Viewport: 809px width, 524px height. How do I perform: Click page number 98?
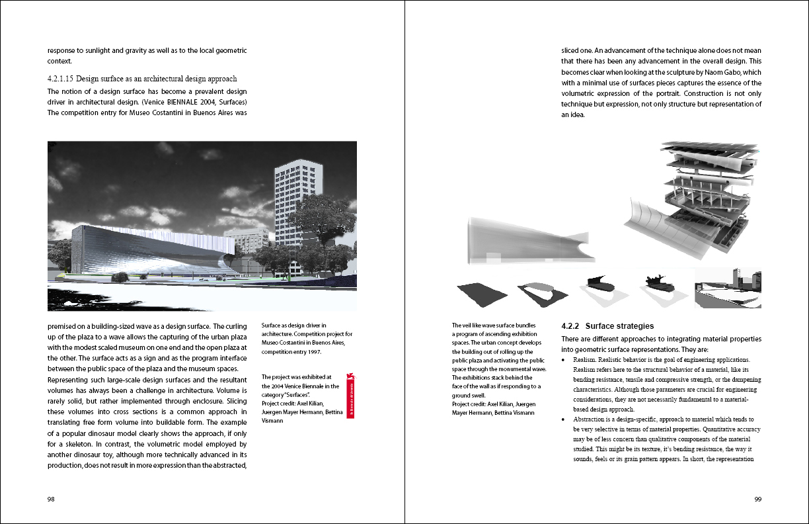[51, 500]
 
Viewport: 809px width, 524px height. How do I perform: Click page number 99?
[757, 500]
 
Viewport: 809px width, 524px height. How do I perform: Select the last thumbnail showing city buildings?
[728, 288]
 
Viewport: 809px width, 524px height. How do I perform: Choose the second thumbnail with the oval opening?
[542, 291]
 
